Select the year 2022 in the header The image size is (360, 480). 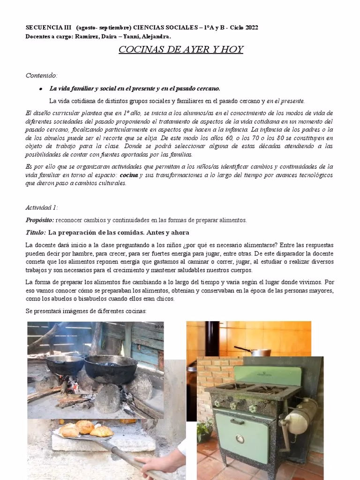coord(248,28)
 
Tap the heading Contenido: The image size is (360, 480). coord(41,75)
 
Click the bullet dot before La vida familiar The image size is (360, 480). coord(41,89)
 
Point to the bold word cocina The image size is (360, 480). coord(128,175)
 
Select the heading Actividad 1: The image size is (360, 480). coord(41,207)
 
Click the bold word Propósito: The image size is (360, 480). coord(40,220)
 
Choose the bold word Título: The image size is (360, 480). coord(36,232)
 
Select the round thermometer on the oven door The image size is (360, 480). coord(240,439)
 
